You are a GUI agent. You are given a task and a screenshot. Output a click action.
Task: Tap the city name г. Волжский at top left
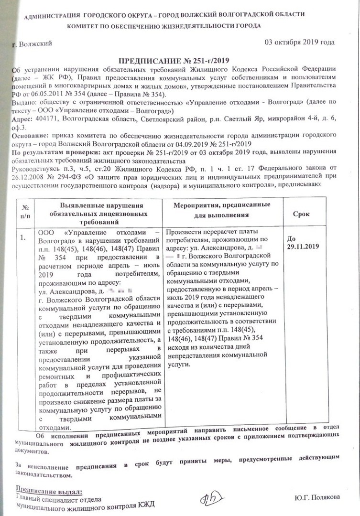[x=33, y=44]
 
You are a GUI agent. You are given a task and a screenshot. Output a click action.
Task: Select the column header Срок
[x=301, y=215]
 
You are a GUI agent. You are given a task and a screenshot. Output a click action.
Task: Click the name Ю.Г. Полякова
[x=317, y=497]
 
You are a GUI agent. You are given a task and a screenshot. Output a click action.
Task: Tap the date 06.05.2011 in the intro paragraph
[x=54, y=94]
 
